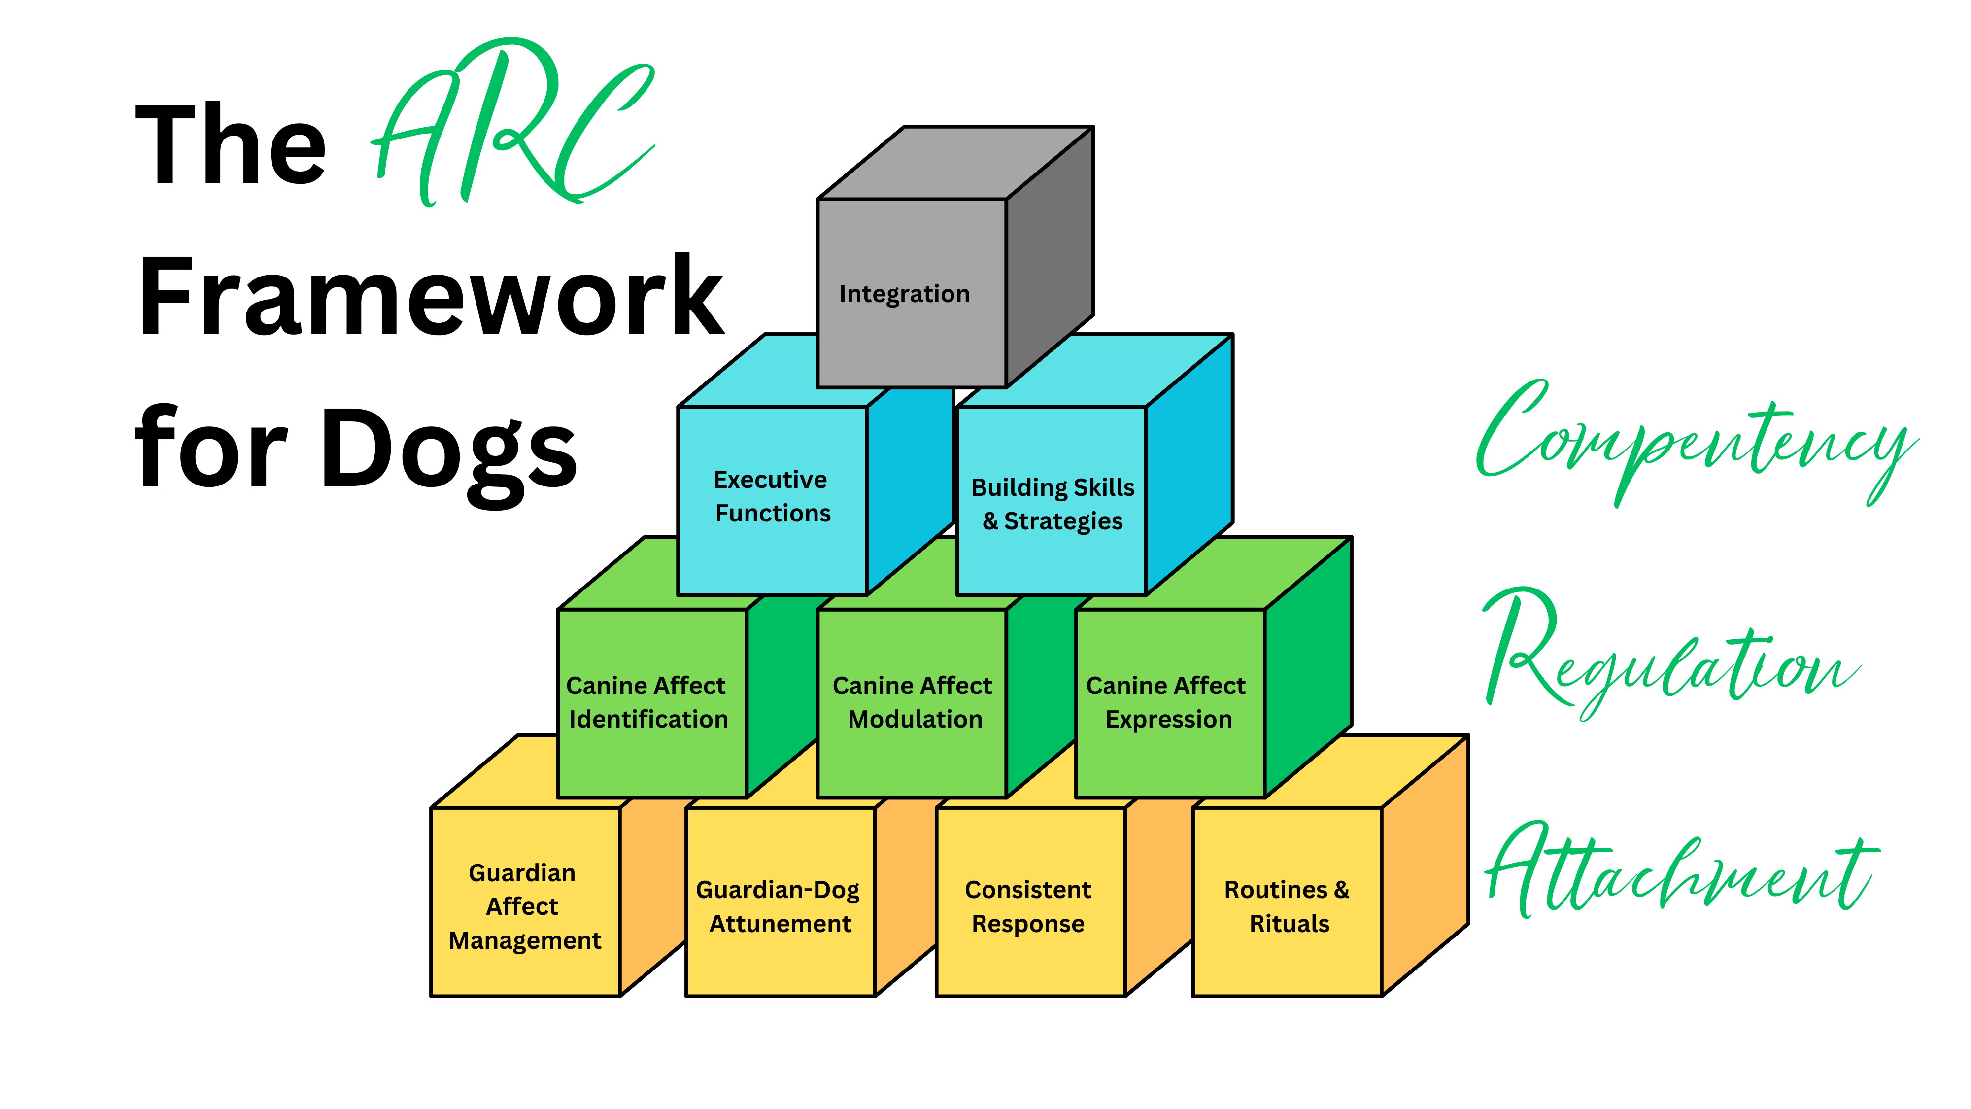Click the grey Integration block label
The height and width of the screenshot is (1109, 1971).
coord(904,294)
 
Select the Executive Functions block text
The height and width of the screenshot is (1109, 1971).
coord(771,496)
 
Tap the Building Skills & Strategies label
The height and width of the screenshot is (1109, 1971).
coord(1053,504)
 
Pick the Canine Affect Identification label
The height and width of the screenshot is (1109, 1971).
coord(646,702)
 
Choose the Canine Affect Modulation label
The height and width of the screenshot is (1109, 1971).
coord(913,702)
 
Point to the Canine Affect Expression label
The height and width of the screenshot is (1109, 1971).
coord(1167,702)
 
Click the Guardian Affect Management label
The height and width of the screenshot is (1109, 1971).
coord(524,906)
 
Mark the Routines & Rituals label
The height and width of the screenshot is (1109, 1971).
coord(1288,906)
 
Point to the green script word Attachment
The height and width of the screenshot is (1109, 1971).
coord(1679,872)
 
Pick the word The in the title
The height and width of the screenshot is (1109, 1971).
coord(230,145)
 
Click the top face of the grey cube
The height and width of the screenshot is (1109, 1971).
coord(956,162)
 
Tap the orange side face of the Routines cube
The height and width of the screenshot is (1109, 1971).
coord(1425,865)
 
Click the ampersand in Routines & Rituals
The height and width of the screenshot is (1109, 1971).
coord(1341,889)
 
